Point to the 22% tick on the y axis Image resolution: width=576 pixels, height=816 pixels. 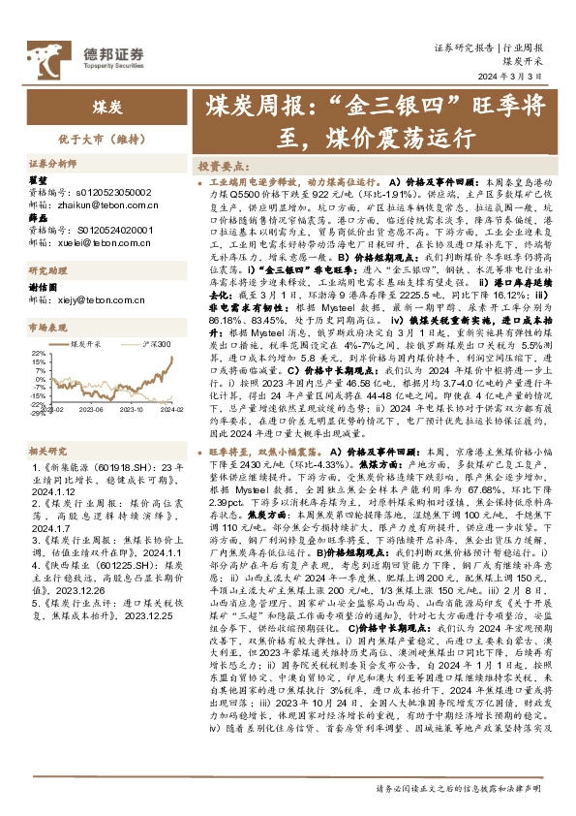coord(39,354)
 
